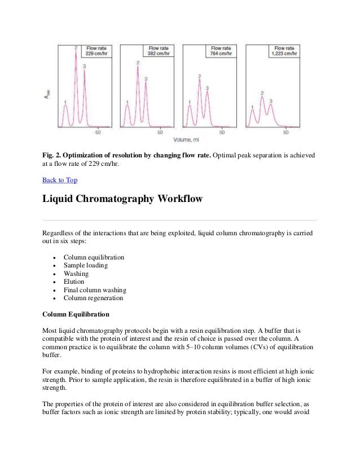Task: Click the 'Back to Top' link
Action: tap(60, 181)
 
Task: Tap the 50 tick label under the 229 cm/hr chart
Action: tap(98, 133)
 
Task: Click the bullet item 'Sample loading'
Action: tap(86, 266)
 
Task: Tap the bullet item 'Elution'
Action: tap(74, 282)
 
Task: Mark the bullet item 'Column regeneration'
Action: tap(93, 298)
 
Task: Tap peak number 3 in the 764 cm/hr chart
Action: tap(208, 89)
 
